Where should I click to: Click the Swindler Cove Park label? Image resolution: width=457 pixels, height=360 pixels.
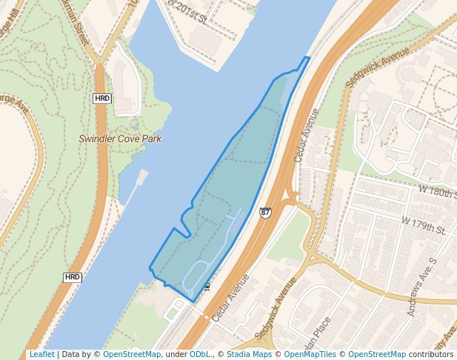coord(120,139)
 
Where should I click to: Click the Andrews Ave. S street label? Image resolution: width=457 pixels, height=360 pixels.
coord(423,287)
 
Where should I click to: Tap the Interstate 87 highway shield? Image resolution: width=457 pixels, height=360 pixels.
coord(265,213)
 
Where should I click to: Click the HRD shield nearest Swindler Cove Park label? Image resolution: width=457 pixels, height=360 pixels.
coord(102,98)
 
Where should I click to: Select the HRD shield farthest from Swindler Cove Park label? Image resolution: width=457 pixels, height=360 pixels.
coord(72,277)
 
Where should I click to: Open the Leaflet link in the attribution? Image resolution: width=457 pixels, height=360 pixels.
coord(41,355)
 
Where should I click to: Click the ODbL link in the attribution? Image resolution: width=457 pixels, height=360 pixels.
coord(199,355)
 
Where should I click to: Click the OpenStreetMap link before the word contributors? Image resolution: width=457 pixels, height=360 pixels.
coord(377,355)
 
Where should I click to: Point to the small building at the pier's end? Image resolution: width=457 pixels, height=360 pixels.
coord(141,176)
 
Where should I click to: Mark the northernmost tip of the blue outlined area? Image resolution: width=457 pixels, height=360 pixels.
coord(307,57)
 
